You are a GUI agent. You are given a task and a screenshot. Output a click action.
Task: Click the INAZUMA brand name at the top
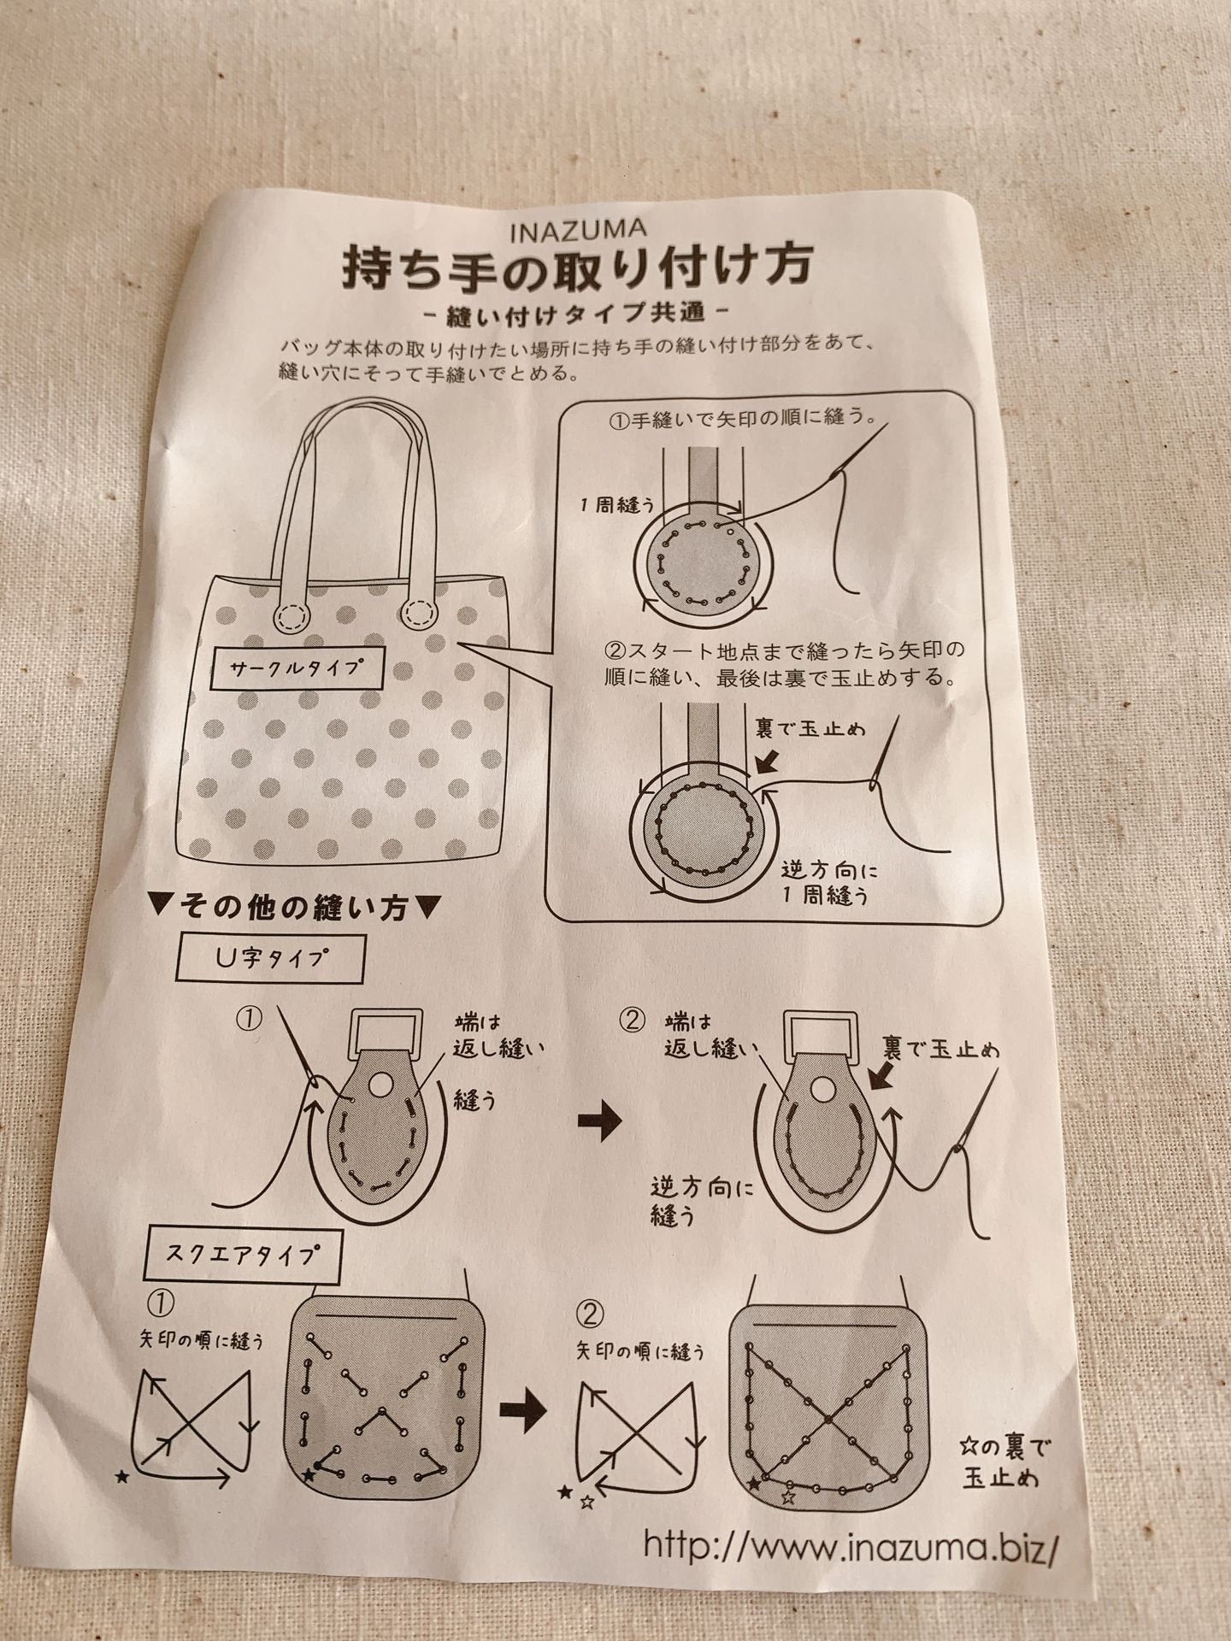click(578, 229)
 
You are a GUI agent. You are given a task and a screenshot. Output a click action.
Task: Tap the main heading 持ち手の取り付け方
click(577, 271)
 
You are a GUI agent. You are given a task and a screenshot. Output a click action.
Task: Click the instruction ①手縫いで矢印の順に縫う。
click(739, 420)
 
